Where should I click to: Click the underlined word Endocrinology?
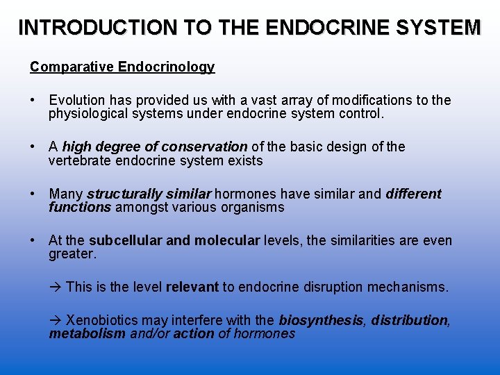(166, 67)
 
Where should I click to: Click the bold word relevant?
(192, 287)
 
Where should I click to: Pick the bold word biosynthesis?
(320, 320)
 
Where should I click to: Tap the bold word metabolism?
(87, 333)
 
